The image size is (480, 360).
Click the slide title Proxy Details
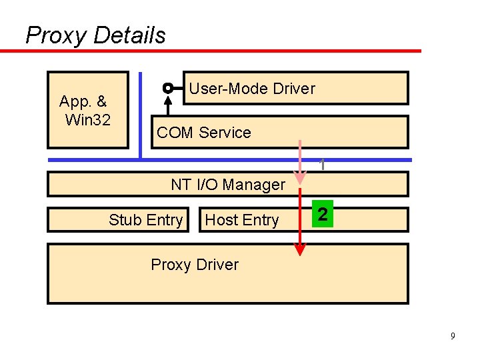[95, 35]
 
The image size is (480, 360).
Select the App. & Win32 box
[87, 110]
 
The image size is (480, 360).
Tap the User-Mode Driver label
[252, 89]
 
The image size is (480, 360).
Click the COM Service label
[203, 133]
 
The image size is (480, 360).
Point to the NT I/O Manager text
[227, 185]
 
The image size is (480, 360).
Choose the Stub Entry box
[145, 220]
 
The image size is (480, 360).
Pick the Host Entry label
[241, 220]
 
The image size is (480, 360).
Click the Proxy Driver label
[194, 265]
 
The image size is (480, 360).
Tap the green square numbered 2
[323, 214]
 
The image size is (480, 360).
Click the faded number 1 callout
[322, 164]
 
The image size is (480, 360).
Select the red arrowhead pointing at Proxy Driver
[301, 250]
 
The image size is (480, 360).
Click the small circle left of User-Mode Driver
[168, 88]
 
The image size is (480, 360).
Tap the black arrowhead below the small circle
[168, 99]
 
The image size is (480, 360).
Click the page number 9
[453, 336]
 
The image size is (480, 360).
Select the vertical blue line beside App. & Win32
[141, 113]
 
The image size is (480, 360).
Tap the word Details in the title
[129, 35]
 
